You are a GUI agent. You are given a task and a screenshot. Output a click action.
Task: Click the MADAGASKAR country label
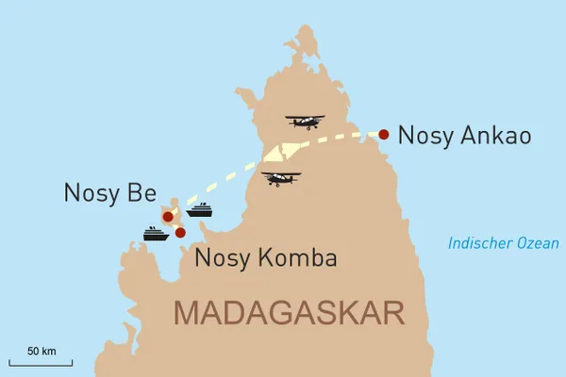pos(290,311)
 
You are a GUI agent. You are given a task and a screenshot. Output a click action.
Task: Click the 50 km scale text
pos(41,352)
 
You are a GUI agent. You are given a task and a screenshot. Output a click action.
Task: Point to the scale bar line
pos(41,362)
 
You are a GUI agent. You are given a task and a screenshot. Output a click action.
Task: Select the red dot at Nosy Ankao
pos(384,134)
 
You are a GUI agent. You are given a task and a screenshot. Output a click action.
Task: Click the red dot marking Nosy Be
pos(168,217)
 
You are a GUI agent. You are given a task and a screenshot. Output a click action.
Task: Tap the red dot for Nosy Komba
pos(180,231)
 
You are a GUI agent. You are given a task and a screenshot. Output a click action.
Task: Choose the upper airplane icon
pos(305,122)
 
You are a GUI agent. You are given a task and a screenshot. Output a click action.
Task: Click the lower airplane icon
pos(281,178)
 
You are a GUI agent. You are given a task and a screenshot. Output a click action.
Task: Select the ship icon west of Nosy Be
pos(155,233)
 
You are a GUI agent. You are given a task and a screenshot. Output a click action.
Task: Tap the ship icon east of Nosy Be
pos(200,209)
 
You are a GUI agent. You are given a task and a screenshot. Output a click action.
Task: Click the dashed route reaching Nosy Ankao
pos(340,139)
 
